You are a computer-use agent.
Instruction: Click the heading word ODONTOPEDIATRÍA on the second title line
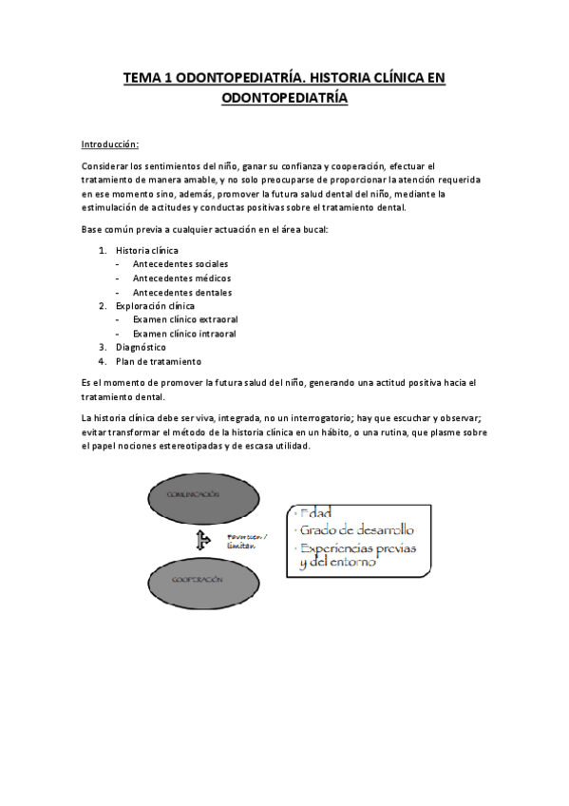(x=284, y=97)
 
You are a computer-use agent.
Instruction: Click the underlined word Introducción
(x=110, y=144)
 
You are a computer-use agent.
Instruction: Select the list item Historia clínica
(x=147, y=251)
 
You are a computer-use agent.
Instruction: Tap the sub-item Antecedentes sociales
(x=180, y=264)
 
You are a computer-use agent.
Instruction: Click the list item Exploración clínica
(x=155, y=306)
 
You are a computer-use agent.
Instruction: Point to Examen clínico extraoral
(x=185, y=320)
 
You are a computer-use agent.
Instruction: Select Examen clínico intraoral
(x=184, y=335)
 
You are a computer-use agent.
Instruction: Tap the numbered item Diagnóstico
(x=141, y=348)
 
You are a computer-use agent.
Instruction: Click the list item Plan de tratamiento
(x=158, y=362)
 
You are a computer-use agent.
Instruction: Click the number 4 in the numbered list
(x=101, y=362)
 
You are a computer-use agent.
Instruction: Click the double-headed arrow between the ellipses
(x=201, y=540)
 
